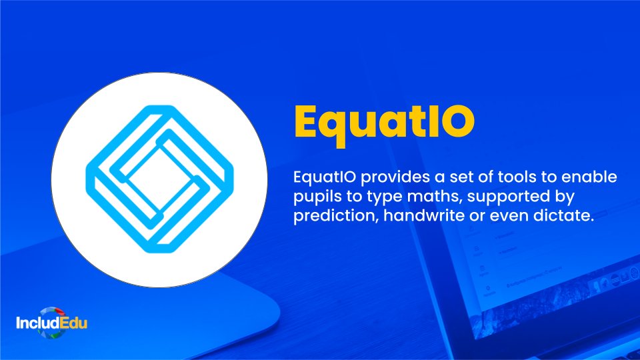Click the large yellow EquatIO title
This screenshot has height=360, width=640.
[385, 123]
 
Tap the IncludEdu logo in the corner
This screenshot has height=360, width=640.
[51, 325]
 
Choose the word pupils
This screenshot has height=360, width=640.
[315, 197]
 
